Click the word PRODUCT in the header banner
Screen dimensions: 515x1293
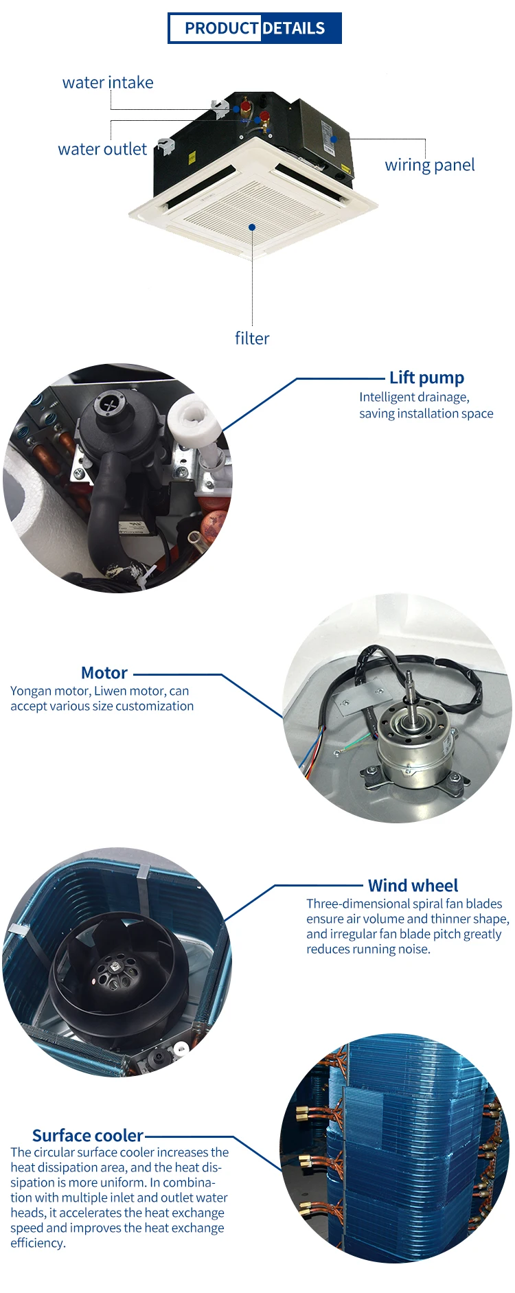pyautogui.click(x=221, y=28)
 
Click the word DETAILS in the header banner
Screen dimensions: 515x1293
pyautogui.click(x=294, y=28)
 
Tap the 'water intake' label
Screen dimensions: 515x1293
pyautogui.click(x=108, y=82)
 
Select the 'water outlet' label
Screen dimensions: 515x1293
pyautogui.click(x=102, y=149)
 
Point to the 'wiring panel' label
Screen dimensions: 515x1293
pyautogui.click(x=430, y=165)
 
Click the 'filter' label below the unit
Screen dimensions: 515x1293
pyautogui.click(x=252, y=338)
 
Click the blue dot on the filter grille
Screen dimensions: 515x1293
pyautogui.click(x=252, y=227)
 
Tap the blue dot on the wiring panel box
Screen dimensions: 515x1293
pyautogui.click(x=334, y=139)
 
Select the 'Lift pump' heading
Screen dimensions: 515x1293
pyautogui.click(x=426, y=378)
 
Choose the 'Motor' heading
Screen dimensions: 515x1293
pyautogui.click(x=104, y=673)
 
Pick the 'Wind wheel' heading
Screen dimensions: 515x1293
pyautogui.click(x=413, y=886)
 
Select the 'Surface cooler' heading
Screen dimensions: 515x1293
pyautogui.click(x=88, y=1136)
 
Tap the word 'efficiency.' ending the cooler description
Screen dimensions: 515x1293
pyautogui.click(x=38, y=1243)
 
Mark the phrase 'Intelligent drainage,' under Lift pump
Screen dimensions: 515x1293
pyautogui.click(x=414, y=398)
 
